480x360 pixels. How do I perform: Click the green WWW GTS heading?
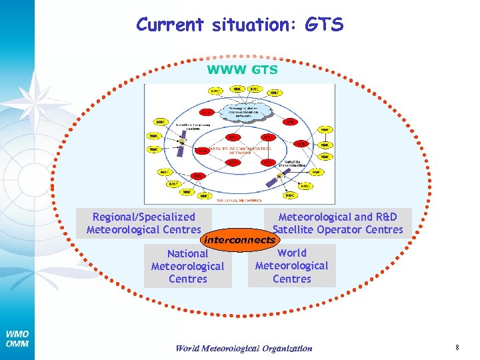(242, 69)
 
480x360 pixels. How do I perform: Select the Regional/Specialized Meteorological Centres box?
(144, 223)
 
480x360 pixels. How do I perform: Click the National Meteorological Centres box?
(187, 266)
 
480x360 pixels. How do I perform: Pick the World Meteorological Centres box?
(292, 266)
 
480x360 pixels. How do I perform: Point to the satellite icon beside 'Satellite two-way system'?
(182, 142)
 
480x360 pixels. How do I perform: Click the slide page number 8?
(457, 347)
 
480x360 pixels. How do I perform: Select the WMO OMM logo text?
(17, 339)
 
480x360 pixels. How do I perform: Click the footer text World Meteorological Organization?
(243, 348)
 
